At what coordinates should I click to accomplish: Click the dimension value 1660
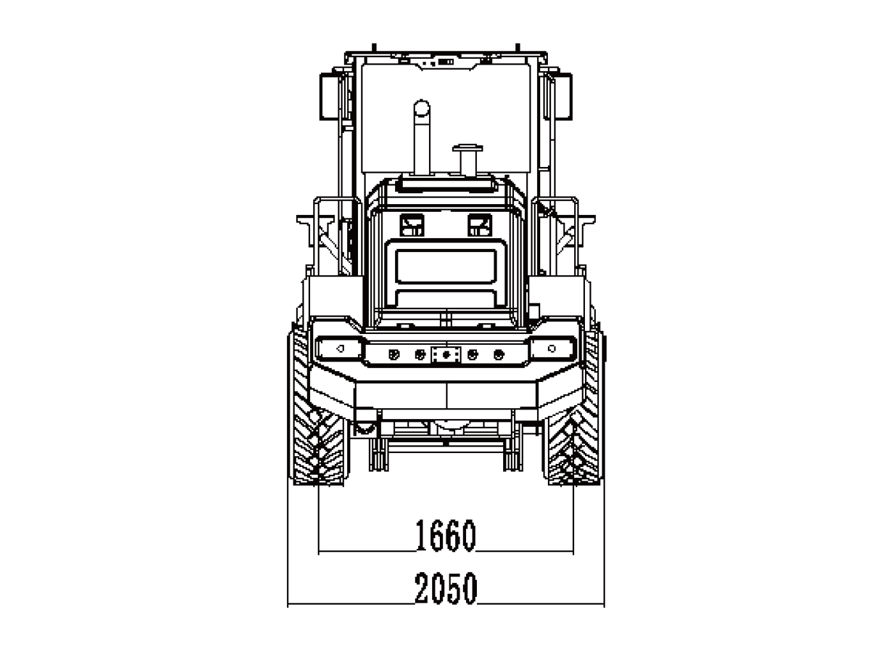pyautogui.click(x=446, y=535)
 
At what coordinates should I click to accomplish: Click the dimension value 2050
pyautogui.click(x=446, y=588)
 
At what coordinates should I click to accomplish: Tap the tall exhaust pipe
pyautogui.click(x=421, y=138)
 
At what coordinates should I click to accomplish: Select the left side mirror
pyautogui.click(x=329, y=97)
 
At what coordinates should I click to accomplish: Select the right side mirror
pyautogui.click(x=563, y=97)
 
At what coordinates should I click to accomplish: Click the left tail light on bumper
pyautogui.click(x=339, y=348)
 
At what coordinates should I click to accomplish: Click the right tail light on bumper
pyautogui.click(x=552, y=348)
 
